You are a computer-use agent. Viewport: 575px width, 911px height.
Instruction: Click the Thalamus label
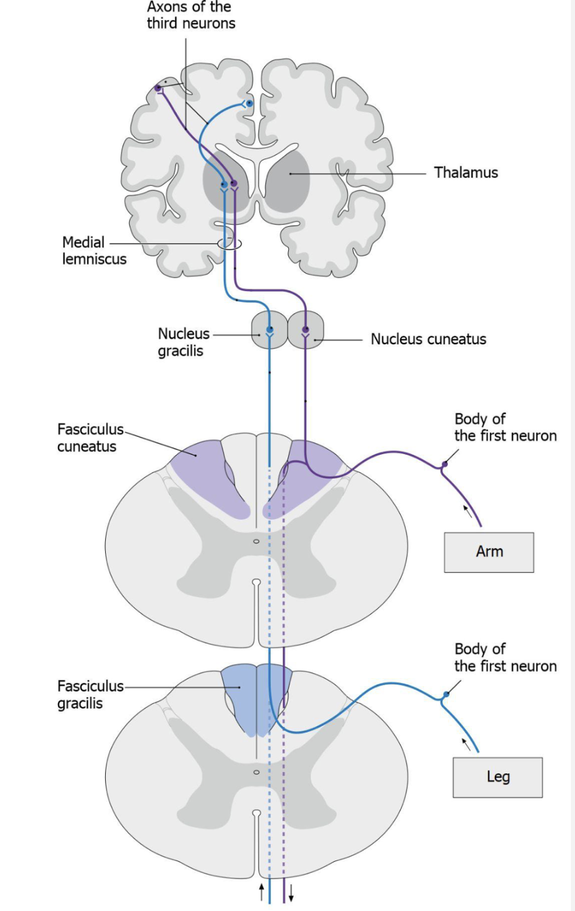[465, 172]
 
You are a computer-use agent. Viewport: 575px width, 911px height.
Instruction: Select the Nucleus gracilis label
[183, 342]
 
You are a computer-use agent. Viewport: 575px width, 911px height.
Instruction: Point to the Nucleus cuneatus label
[428, 339]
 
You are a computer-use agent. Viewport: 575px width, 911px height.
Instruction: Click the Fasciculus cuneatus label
[86, 438]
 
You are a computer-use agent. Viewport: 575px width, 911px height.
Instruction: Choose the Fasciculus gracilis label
[90, 694]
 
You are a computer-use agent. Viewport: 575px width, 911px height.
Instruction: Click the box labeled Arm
[489, 552]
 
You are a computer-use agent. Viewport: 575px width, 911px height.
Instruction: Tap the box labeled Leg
[498, 777]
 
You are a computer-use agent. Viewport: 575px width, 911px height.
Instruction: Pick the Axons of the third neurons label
[191, 15]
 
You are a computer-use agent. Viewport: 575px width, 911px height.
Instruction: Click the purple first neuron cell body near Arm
[444, 464]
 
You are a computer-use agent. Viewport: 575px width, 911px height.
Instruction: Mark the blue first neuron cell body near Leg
[446, 694]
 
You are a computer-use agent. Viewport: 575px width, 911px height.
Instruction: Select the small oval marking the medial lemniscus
[229, 243]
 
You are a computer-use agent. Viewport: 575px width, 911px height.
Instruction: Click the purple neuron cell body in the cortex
[158, 88]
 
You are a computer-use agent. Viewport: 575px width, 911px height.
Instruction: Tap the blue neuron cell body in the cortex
[249, 104]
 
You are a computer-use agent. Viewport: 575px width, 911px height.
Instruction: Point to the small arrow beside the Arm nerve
[468, 511]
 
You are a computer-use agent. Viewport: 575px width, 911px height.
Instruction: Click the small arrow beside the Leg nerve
[466, 743]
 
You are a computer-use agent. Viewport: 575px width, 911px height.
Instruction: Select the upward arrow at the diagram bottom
[261, 892]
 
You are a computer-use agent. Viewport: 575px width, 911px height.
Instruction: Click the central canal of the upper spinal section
[256, 541]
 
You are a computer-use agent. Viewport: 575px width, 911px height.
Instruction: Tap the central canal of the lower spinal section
[256, 771]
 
